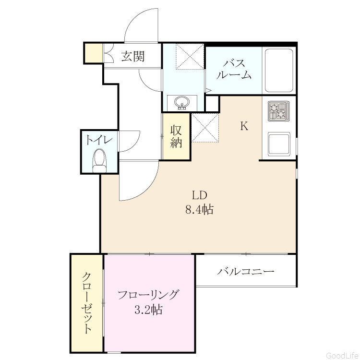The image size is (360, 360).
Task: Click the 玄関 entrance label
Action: point(133,56)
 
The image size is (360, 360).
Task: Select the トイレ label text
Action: point(99,140)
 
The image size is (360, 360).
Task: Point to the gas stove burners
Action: point(278,111)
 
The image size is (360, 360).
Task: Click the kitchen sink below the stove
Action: point(279,144)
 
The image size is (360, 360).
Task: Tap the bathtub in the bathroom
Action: point(279,70)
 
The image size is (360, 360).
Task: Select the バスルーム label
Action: point(234,69)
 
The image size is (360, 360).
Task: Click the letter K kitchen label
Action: point(244,126)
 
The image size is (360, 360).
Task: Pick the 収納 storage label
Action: point(176,136)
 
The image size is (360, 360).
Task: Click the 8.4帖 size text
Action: point(199,209)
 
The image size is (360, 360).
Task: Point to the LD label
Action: point(199,195)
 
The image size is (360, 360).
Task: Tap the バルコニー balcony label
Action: point(246,272)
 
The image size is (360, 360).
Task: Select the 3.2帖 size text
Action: point(148,310)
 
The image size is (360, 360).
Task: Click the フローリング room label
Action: point(148,295)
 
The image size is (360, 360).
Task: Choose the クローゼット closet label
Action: point(87,303)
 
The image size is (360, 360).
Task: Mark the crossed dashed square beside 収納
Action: point(205,128)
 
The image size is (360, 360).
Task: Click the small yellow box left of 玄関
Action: point(94,53)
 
